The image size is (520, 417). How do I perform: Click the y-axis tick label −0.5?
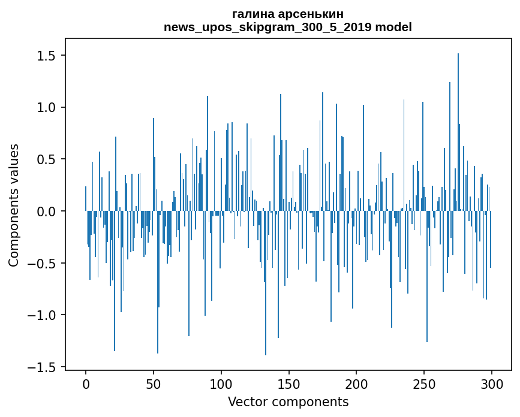pyautogui.click(x=42, y=264)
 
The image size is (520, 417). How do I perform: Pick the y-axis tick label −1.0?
pyautogui.click(x=42, y=315)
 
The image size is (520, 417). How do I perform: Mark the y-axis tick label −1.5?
pyautogui.click(x=42, y=367)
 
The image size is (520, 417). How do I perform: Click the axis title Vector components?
pyautogui.click(x=288, y=401)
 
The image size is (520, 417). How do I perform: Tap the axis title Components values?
pyautogui.click(x=14, y=205)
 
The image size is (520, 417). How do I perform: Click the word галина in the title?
pyautogui.click(x=252, y=14)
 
